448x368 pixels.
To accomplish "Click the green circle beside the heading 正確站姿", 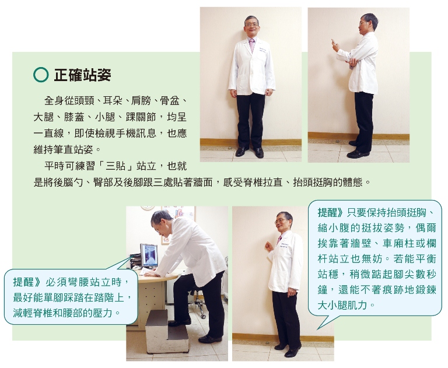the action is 41,75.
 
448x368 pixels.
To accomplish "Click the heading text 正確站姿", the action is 83,75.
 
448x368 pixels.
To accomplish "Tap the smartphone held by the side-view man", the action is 333,42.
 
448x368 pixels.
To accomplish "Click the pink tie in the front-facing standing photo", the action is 252,45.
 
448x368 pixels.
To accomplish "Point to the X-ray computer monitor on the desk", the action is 149,255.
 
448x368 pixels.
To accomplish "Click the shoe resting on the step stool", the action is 180,323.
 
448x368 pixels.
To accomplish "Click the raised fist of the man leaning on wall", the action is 268,246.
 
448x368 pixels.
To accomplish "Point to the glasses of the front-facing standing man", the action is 252,25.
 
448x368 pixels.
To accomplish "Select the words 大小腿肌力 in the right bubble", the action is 342,305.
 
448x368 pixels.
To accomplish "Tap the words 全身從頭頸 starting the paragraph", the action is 69,100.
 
